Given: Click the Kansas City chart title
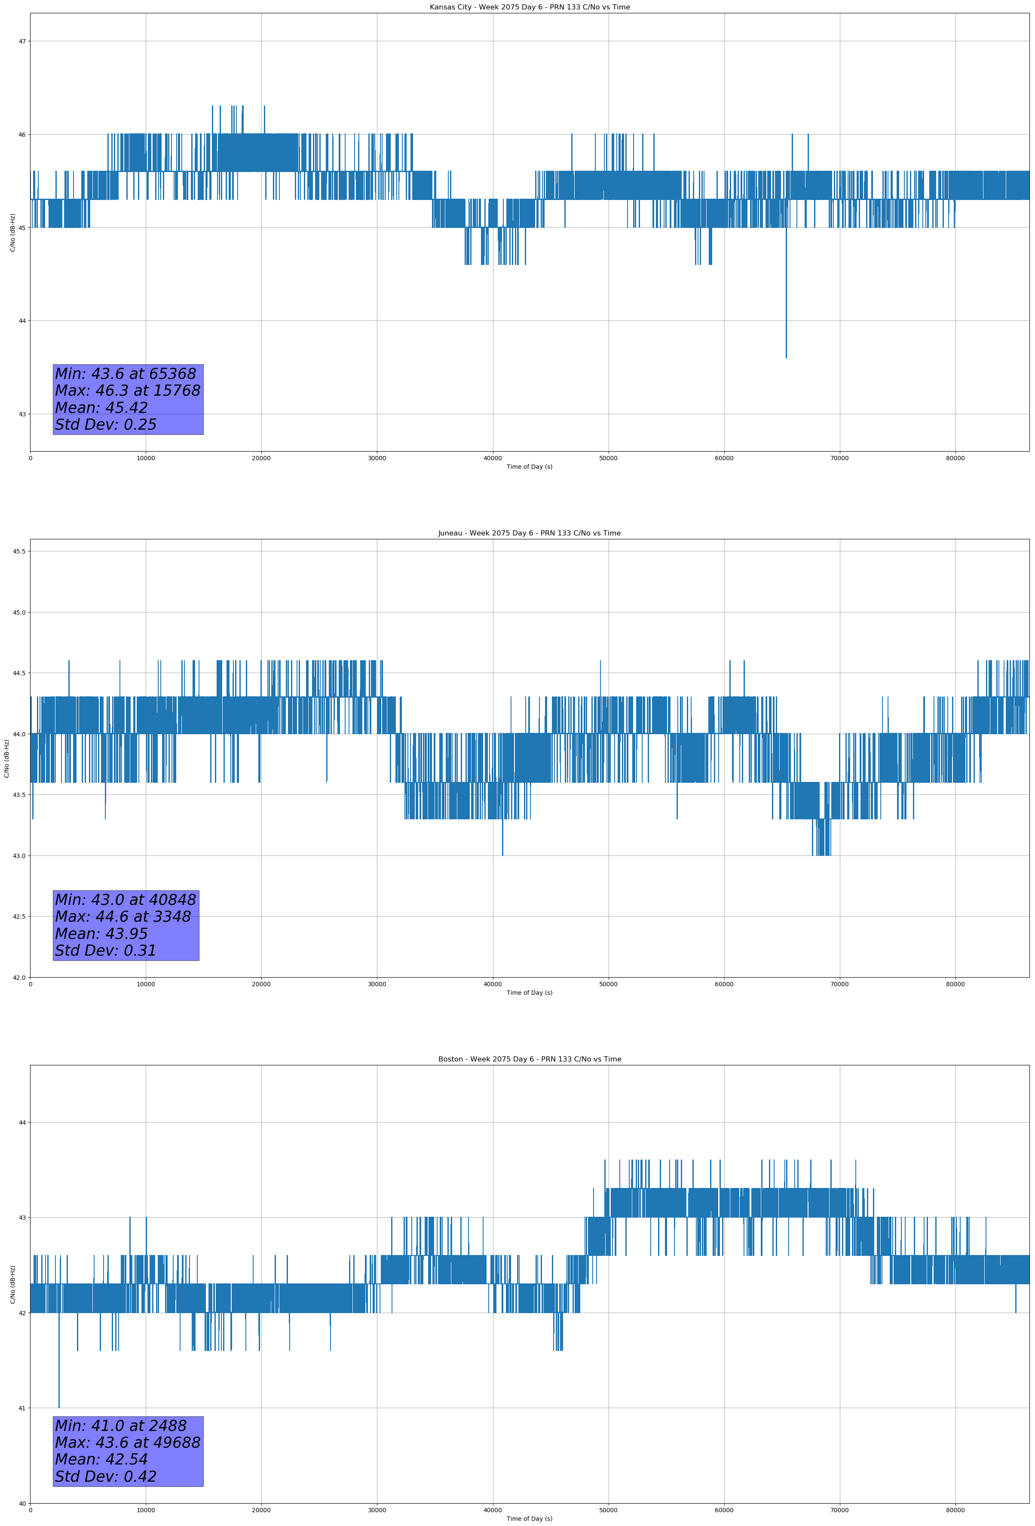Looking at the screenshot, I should click(529, 7).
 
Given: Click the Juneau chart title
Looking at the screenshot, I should click(529, 533).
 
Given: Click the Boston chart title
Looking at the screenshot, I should click(529, 1059).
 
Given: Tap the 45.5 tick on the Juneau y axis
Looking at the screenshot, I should click(19, 551).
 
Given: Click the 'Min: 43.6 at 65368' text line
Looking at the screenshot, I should click(126, 374).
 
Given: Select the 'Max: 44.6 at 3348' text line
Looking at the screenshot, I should click(123, 917).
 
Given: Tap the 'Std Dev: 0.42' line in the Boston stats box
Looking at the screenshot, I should click(106, 1477).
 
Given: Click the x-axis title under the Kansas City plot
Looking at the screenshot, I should click(529, 467).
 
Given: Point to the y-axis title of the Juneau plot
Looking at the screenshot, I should click(6, 758).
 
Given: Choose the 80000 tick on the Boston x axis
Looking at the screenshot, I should click(955, 1510).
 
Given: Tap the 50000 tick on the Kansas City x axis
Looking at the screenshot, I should click(608, 458).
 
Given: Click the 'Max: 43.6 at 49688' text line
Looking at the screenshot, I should click(127, 1443).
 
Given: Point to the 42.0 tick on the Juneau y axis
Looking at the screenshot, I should click(19, 977).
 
